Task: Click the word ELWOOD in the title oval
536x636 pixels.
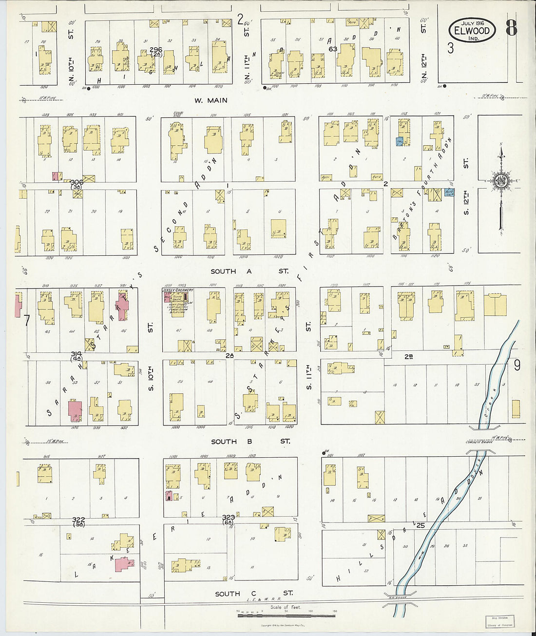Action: point(472,31)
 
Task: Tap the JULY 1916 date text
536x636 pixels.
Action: point(472,22)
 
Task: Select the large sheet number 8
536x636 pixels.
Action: point(511,28)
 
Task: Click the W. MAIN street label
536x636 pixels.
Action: point(211,100)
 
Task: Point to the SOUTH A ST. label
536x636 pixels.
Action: point(249,271)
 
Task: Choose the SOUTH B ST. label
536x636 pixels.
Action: point(250,441)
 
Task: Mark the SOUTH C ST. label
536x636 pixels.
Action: point(253,593)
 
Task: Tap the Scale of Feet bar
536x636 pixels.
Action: point(286,615)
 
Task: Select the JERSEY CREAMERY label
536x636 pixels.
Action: point(177,290)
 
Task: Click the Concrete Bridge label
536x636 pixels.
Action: point(479,442)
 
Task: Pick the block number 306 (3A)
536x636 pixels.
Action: point(77,184)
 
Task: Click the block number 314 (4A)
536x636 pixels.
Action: point(77,356)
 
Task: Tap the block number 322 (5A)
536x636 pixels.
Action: point(78,521)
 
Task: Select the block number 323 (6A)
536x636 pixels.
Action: point(229,519)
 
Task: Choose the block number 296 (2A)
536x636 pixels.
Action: point(155,52)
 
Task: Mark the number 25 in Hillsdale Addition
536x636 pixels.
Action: point(421,525)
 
